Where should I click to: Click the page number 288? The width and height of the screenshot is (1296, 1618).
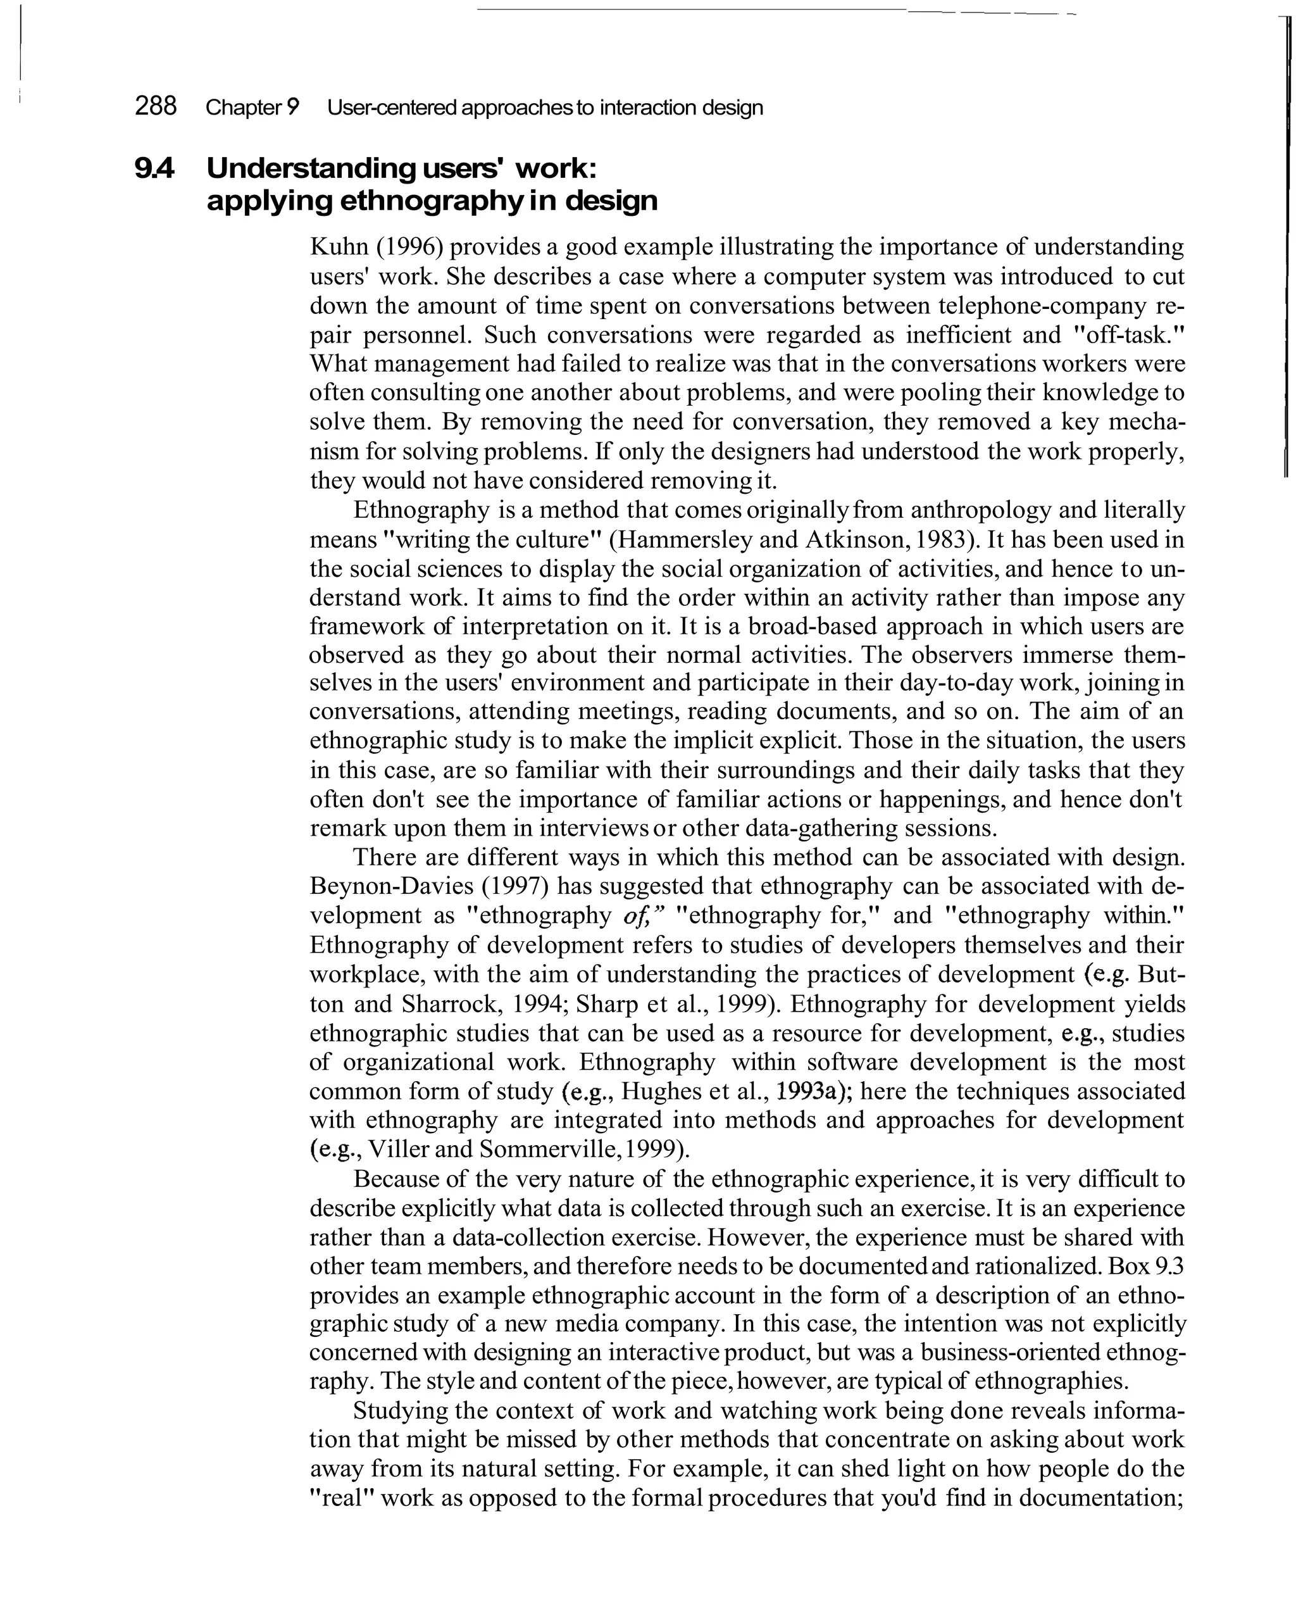click(x=155, y=106)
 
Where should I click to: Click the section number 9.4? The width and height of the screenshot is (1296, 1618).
click(x=154, y=169)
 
